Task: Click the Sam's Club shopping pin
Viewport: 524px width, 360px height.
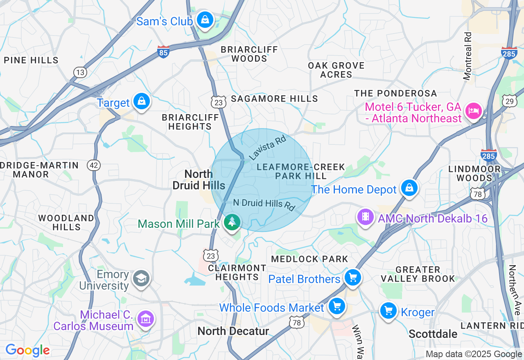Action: (204, 19)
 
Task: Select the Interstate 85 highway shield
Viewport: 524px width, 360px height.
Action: (163, 52)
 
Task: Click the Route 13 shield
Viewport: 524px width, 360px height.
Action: (80, 72)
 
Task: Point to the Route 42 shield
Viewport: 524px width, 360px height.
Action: (94, 165)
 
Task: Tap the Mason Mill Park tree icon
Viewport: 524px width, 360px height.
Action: (233, 222)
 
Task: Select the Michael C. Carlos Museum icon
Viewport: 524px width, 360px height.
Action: (146, 318)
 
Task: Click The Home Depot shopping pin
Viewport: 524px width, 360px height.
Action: (409, 188)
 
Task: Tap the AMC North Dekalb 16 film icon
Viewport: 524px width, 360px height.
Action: (366, 217)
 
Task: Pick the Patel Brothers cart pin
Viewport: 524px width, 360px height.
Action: (352, 278)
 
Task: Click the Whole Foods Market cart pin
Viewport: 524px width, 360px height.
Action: (337, 306)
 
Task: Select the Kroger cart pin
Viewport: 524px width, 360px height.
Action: (388, 311)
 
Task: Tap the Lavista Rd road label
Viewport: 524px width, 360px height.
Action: (267, 148)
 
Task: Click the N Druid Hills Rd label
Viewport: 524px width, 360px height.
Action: (264, 204)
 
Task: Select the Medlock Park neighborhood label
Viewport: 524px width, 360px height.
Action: (309, 259)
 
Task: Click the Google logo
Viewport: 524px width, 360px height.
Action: (28, 350)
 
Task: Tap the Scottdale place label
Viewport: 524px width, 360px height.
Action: (433, 334)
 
